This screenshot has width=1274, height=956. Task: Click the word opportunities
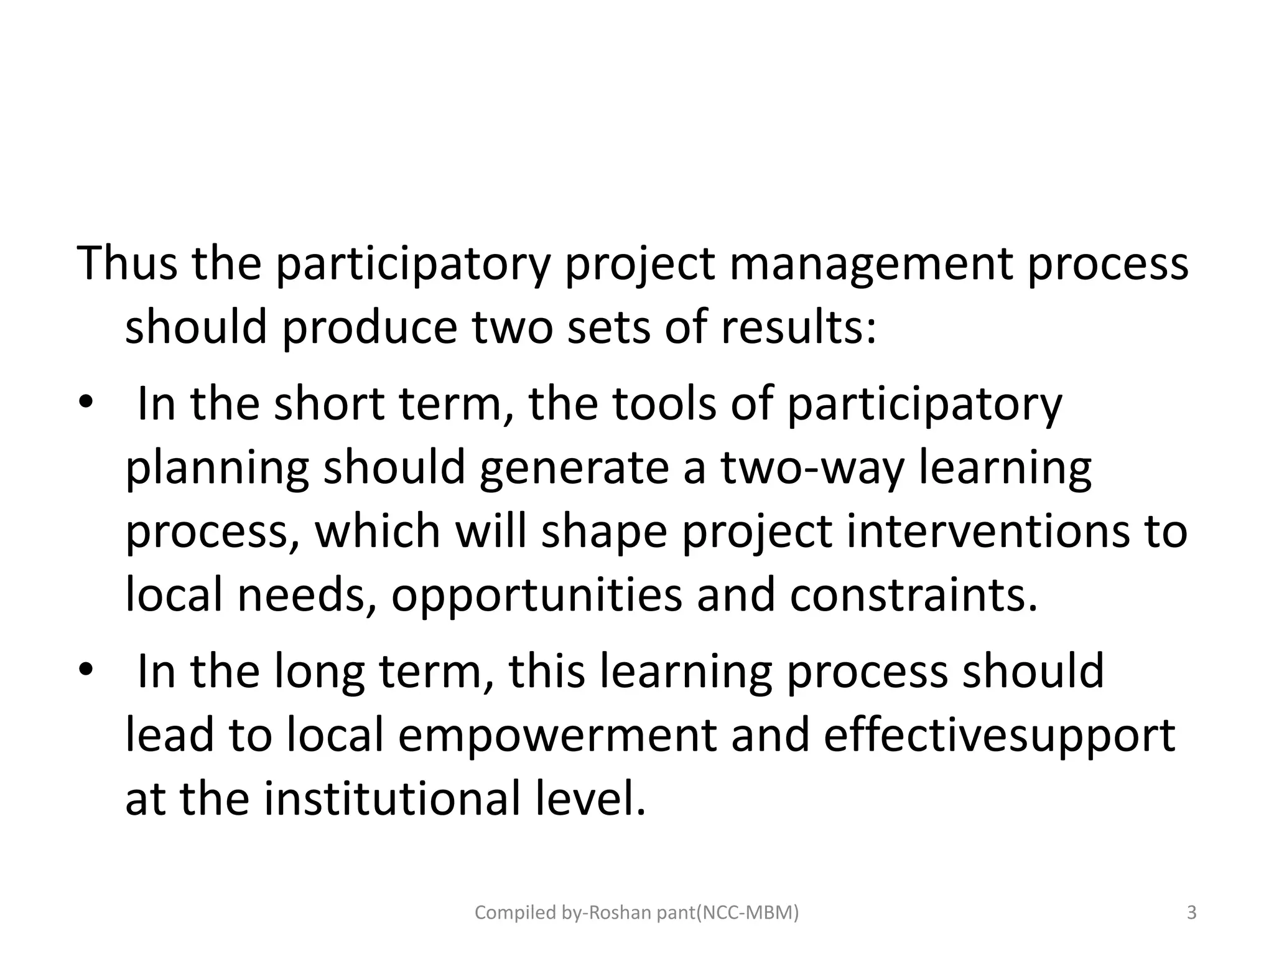[x=536, y=596]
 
